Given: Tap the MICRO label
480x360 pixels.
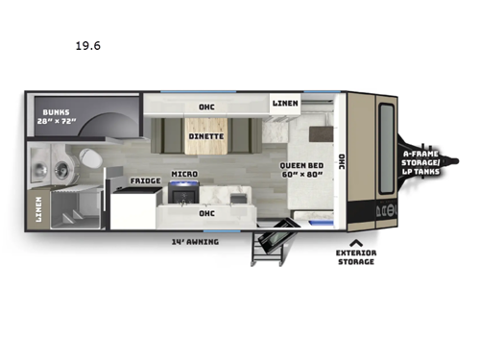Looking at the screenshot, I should tap(184, 175).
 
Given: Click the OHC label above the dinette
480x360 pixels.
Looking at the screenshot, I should tap(205, 107).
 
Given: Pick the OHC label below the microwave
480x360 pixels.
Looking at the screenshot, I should tap(205, 213).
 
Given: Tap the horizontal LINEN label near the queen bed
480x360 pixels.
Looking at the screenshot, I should tap(284, 103).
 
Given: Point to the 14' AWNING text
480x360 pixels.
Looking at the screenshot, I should tap(198, 241).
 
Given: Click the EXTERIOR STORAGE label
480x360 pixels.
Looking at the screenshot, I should tap(356, 256).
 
